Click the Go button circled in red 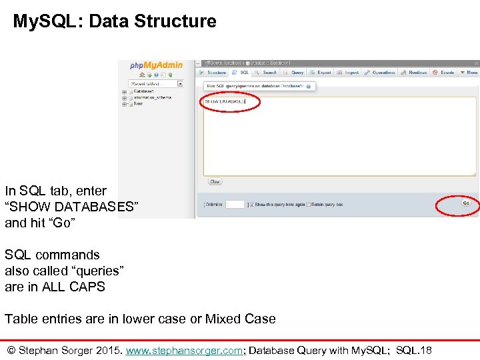pyautogui.click(x=466, y=203)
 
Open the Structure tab pyautogui.click(x=214, y=73)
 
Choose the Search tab pyautogui.click(x=267, y=73)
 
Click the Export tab pyautogui.click(x=321, y=73)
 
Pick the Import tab pyautogui.click(x=349, y=73)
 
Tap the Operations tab pyautogui.click(x=381, y=73)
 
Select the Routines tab pyautogui.click(x=415, y=73)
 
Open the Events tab pyautogui.click(x=444, y=73)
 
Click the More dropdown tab pyautogui.click(x=469, y=73)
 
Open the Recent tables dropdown pyautogui.click(x=155, y=84)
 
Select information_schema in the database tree pyautogui.click(x=152, y=97)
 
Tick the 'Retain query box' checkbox pyautogui.click(x=308, y=204)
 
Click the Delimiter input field pyautogui.click(x=235, y=204)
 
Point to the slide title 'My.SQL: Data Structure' pyautogui.click(x=115, y=21)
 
